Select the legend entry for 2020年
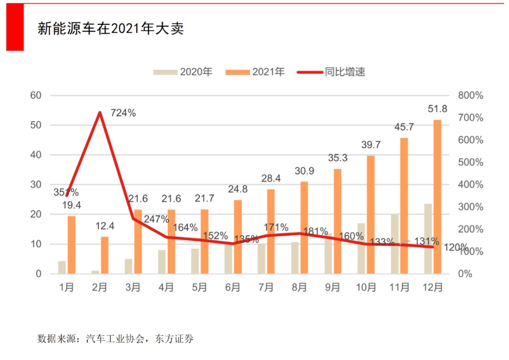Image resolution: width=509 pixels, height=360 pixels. pyautogui.click(x=183, y=72)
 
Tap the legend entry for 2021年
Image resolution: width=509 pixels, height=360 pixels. pyautogui.click(x=255, y=72)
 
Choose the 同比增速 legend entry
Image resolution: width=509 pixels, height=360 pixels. pyautogui.click(x=332, y=72)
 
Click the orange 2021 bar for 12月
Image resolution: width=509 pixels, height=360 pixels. pyautogui.click(x=438, y=196)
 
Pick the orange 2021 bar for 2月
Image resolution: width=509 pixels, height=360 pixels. pyautogui.click(x=105, y=255)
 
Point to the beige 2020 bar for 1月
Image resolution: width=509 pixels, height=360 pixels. pyautogui.click(x=62, y=267)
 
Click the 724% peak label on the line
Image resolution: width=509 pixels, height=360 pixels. pyautogui.click(x=123, y=113)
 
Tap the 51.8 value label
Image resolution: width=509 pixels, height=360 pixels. pyautogui.click(x=438, y=109)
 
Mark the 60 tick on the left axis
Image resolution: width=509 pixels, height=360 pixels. pyautogui.click(x=36, y=95)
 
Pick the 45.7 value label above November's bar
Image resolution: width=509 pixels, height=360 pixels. pyautogui.click(x=404, y=127)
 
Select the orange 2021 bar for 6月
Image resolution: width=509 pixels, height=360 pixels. pyautogui.click(x=238, y=237)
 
